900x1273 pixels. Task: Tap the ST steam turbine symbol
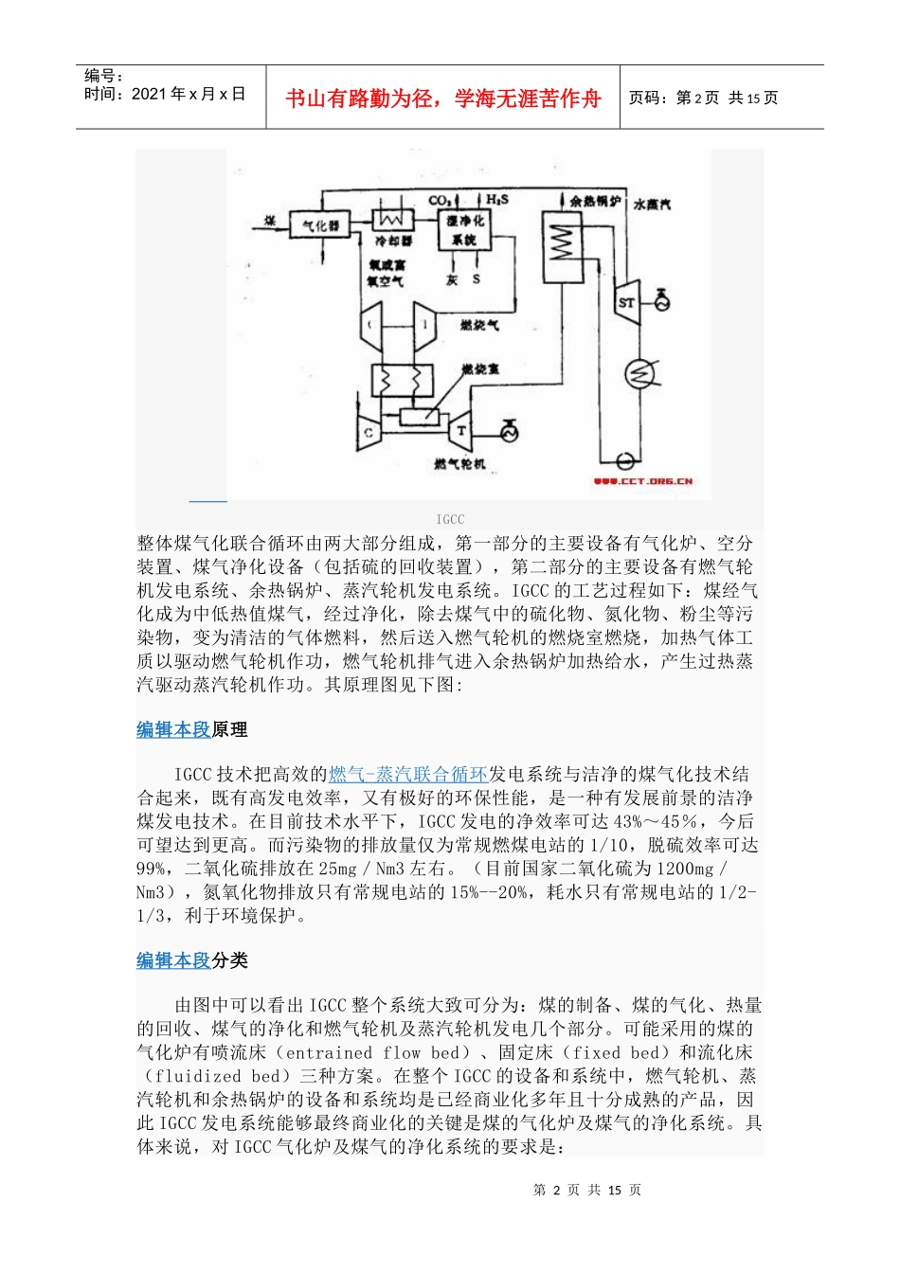pyautogui.click(x=626, y=302)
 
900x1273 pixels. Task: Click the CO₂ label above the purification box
pyautogui.click(x=441, y=201)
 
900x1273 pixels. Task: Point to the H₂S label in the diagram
pyautogui.click(x=497, y=200)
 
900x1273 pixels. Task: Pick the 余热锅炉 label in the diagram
pyautogui.click(x=595, y=202)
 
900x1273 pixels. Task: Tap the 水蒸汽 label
pyautogui.click(x=653, y=203)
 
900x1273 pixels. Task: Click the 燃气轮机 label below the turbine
pyautogui.click(x=459, y=464)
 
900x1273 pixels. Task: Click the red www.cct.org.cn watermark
pyautogui.click(x=644, y=482)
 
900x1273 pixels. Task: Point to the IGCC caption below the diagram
pyautogui.click(x=450, y=519)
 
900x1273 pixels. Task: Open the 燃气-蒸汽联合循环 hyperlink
pyautogui.click(x=408, y=775)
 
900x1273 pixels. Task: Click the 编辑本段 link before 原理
pyautogui.click(x=173, y=729)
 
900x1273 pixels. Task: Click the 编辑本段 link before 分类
pyautogui.click(x=173, y=960)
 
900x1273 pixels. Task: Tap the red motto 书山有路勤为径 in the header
pyautogui.click(x=442, y=99)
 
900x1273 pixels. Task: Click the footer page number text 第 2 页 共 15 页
pyautogui.click(x=586, y=1190)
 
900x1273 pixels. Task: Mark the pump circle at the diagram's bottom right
pyautogui.click(x=625, y=460)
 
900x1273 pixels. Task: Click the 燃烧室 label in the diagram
pyautogui.click(x=480, y=368)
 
